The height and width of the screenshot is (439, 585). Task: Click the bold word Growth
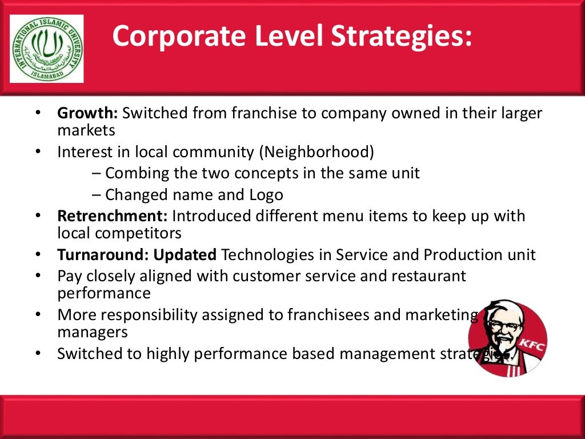coord(87,113)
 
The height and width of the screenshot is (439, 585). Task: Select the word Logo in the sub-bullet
coord(264,195)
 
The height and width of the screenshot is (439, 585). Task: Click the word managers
coord(93,332)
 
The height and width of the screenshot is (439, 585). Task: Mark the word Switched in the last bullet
coord(91,354)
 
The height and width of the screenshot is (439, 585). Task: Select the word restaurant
coord(428,277)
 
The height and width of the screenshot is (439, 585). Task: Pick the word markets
coord(86,130)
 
